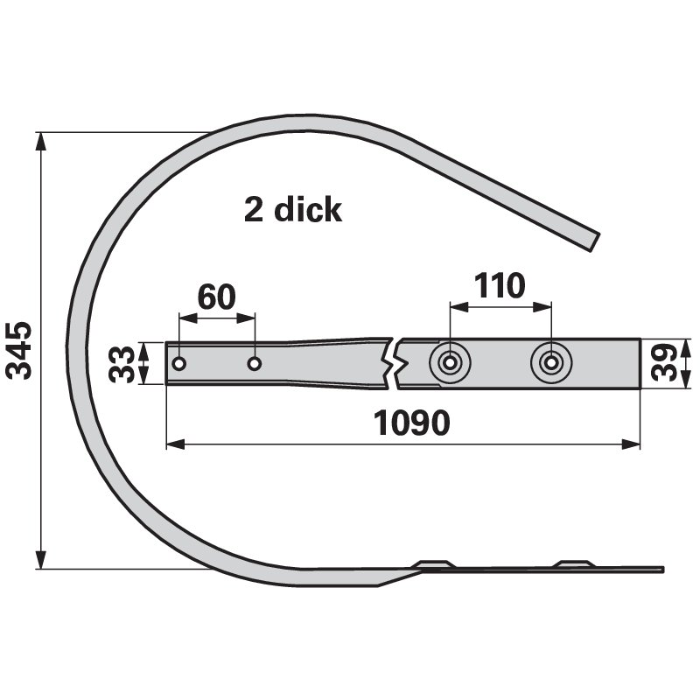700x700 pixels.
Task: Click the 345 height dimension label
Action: (x=19, y=351)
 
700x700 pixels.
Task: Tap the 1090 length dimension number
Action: (x=411, y=423)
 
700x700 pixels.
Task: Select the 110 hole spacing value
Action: (x=500, y=285)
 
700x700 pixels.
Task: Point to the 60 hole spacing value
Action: (x=216, y=297)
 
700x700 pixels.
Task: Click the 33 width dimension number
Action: (x=122, y=363)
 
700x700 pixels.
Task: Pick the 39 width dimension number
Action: (x=664, y=362)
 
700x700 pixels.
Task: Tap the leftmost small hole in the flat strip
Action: (x=179, y=364)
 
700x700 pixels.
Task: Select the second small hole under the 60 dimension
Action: (x=255, y=364)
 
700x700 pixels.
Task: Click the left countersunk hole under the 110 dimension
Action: (x=450, y=363)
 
